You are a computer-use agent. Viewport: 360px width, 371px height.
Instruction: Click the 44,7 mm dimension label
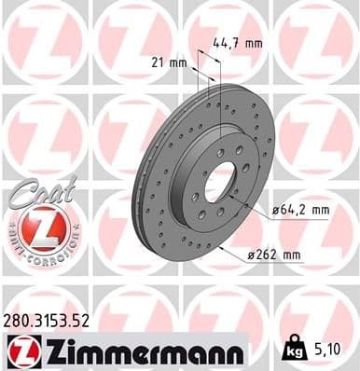[238, 42]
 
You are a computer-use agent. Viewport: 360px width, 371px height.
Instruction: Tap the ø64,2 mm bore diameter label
[301, 211]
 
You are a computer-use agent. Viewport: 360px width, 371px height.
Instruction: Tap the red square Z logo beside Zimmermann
[20, 350]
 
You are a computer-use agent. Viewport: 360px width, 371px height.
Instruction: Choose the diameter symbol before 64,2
[275, 211]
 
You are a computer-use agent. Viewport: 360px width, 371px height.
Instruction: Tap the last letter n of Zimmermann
[236, 351]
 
